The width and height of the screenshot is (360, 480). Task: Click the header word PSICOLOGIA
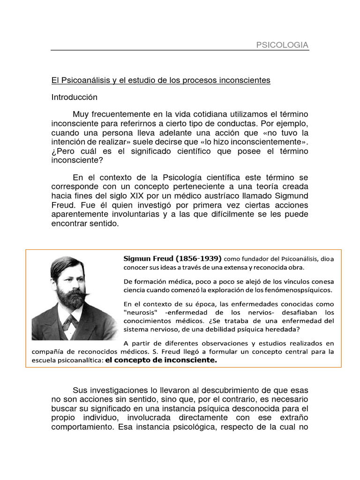(x=282, y=45)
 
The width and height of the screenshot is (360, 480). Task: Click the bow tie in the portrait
(x=69, y=321)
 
